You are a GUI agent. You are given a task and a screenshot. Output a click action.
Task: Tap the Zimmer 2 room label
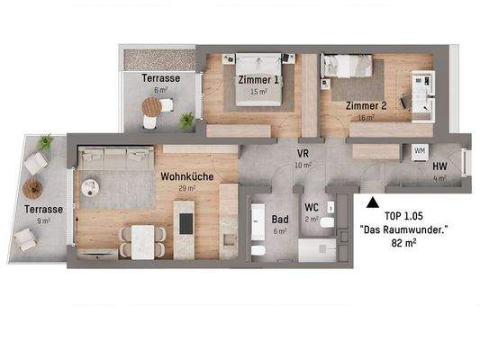[367, 105]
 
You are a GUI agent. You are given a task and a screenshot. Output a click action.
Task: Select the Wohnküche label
[187, 177]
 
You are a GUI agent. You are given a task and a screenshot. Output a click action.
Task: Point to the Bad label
[280, 219]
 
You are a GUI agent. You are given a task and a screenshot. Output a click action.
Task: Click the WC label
[312, 207]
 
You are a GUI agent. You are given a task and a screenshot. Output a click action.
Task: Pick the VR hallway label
[303, 154]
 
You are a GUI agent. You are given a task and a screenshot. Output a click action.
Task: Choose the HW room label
[439, 167]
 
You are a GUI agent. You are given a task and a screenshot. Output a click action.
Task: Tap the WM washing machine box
[420, 151]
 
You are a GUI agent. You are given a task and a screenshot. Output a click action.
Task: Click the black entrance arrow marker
[371, 200]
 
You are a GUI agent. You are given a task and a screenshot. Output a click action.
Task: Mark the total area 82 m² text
[403, 244]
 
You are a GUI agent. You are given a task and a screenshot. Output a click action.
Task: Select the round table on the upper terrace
[150, 106]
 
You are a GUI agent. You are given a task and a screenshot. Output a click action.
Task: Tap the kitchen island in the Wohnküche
[186, 230]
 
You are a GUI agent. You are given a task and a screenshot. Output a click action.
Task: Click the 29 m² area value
[186, 190]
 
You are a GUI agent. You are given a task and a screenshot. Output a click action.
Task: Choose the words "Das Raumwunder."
[403, 231]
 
